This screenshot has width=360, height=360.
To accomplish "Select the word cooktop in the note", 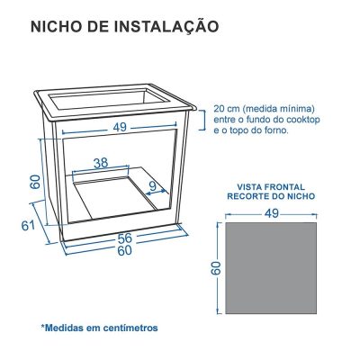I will pos(301,119).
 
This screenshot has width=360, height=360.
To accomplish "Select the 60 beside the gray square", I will pos(216,269).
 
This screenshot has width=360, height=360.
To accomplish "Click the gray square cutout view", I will pos(271,269).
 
